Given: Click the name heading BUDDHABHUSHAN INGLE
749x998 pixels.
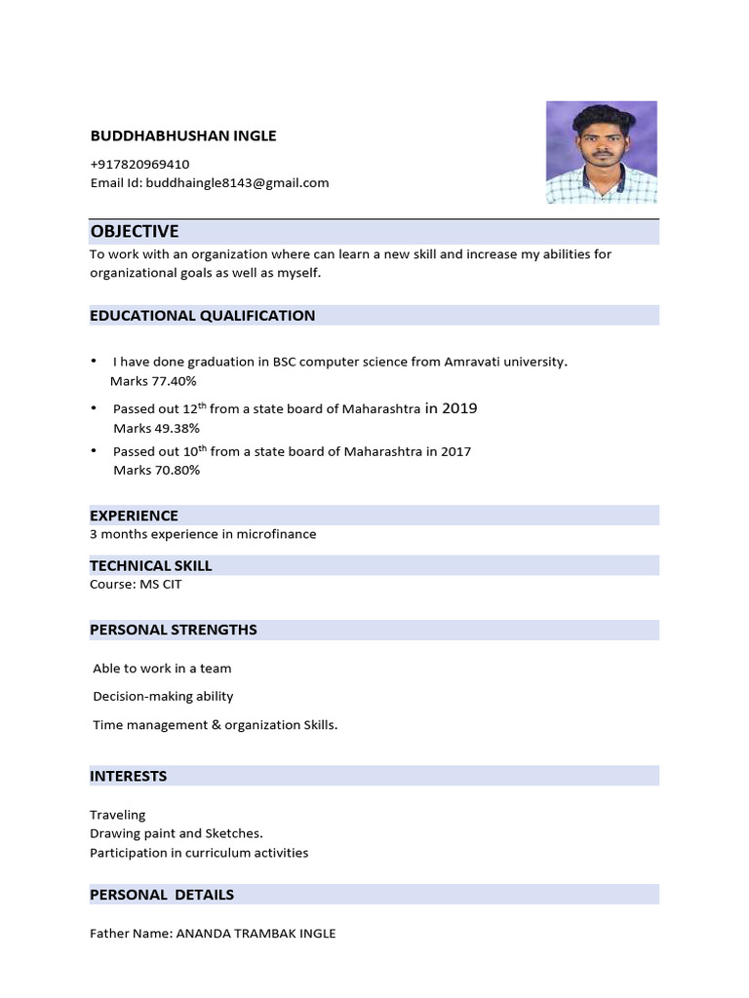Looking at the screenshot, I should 183,135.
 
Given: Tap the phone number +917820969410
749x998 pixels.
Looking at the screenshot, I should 139,164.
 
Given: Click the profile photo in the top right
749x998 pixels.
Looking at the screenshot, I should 601,153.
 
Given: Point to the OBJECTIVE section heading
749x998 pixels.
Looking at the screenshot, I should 135,231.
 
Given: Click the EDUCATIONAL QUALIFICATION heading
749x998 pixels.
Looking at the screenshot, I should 202,315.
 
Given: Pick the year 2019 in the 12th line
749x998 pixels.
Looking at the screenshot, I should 459,408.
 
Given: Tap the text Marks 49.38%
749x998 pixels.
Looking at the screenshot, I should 156,428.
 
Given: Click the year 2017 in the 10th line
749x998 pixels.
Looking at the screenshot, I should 455,451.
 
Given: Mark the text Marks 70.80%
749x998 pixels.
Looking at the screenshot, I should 156,470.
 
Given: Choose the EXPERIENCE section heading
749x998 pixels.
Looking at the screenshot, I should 134,515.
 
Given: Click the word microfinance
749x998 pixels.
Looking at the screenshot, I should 276,534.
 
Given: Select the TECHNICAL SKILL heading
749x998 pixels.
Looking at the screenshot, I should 150,565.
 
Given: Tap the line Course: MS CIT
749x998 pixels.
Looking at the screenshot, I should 136,584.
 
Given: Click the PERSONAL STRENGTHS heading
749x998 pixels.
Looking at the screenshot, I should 173,629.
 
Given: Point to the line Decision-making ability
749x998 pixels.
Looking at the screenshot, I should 163,696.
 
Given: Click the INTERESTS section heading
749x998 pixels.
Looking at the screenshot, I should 128,776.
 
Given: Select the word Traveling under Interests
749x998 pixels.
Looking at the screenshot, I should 117,814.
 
